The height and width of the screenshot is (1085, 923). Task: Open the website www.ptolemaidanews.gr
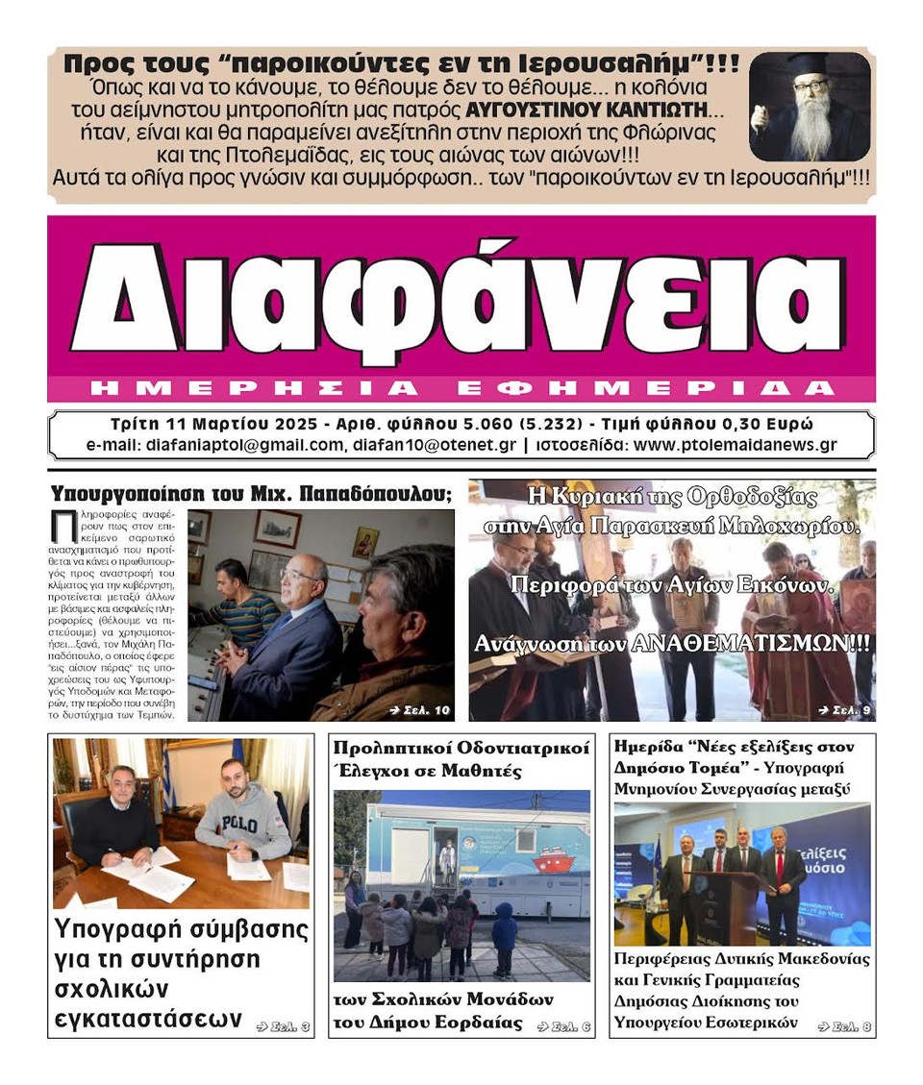click(x=736, y=445)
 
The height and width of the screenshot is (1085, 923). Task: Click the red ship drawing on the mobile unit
click(x=549, y=855)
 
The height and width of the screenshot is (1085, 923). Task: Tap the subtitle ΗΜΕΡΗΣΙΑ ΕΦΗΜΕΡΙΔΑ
click(x=461, y=388)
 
